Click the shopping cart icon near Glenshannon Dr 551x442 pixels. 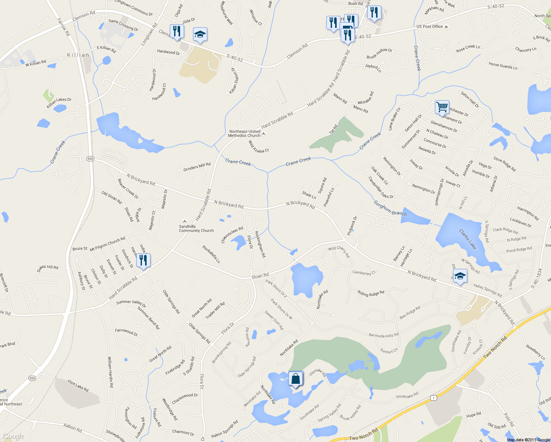pos(442,107)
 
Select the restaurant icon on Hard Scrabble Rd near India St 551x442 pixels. pos(143,260)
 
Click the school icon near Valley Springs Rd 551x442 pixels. pos(460,276)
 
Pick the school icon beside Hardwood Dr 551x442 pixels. pos(200,35)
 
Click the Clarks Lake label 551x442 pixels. pos(467,239)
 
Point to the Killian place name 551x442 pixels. pos(78,55)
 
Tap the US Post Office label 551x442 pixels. pos(430,27)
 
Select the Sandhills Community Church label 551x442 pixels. pos(196,228)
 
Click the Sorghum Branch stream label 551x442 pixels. pos(390,208)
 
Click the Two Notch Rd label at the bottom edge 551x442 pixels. pos(363,435)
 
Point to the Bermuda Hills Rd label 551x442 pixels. pos(384,335)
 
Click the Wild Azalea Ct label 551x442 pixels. pos(259,146)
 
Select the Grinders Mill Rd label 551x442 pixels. pos(197,167)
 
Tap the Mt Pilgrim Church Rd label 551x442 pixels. pos(108,244)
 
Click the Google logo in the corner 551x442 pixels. pos(13,436)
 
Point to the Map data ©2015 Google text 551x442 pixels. pos(528,440)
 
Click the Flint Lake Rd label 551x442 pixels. pos(78,386)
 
